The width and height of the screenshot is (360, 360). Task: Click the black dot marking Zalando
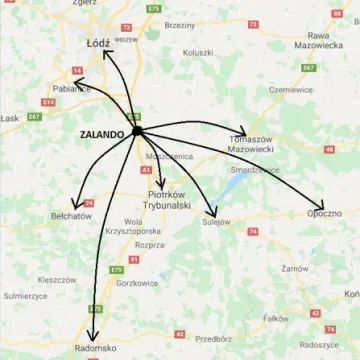pos(137,131)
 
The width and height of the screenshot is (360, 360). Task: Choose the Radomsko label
pos(97,349)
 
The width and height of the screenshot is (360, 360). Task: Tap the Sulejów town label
pos(216,222)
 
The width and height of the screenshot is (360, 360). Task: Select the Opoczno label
pos(325,213)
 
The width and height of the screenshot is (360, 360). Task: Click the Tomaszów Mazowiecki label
pos(251,144)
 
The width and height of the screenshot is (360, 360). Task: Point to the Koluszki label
pos(198,52)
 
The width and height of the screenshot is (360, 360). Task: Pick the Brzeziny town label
pos(180,23)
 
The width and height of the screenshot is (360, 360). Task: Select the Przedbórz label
pos(213,338)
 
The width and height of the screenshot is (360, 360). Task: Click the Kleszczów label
pos(57,280)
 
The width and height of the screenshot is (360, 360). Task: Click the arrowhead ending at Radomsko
pos(92,338)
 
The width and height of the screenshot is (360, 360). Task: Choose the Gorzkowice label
pos(136,283)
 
